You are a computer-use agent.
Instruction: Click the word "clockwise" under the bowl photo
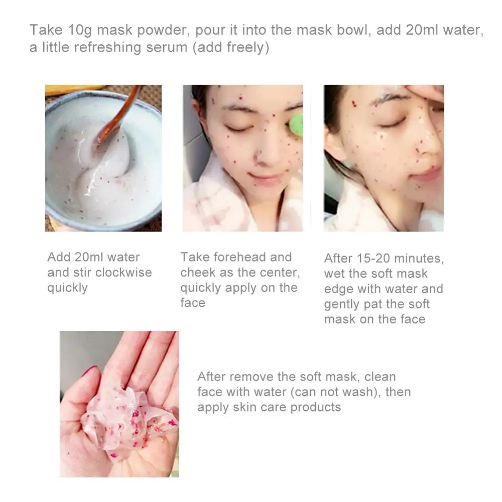(123, 273)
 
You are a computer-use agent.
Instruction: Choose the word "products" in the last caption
(316, 407)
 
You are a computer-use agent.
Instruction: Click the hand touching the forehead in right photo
(427, 93)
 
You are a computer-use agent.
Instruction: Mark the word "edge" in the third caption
(339, 289)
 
